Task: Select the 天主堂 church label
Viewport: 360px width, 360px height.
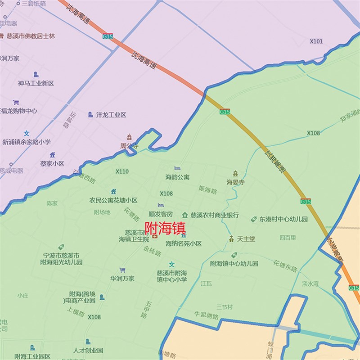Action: pos(246,239)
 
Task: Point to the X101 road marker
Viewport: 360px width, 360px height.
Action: pos(316,41)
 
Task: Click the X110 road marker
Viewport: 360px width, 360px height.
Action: pos(122,171)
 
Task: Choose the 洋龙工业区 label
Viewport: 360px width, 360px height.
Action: pos(111,115)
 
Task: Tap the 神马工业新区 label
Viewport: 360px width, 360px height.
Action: pos(36,83)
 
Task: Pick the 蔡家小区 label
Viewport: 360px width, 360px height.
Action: pos(52,164)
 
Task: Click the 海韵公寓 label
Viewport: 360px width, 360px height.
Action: pos(177,177)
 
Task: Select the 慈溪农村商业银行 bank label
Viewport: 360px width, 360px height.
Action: pos(215,215)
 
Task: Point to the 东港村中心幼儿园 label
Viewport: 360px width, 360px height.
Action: pos(283,220)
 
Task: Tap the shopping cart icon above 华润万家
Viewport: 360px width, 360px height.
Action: pos(122,270)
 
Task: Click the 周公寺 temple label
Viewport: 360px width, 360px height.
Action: pos(129,146)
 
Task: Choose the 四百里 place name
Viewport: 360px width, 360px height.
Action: pos(288,237)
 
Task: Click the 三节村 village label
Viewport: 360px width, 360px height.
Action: pos(224,307)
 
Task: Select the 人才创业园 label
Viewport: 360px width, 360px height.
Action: pos(88,350)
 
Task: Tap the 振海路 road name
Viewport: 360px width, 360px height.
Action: pos(207,190)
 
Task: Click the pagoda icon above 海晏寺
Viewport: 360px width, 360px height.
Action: pos(235,173)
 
